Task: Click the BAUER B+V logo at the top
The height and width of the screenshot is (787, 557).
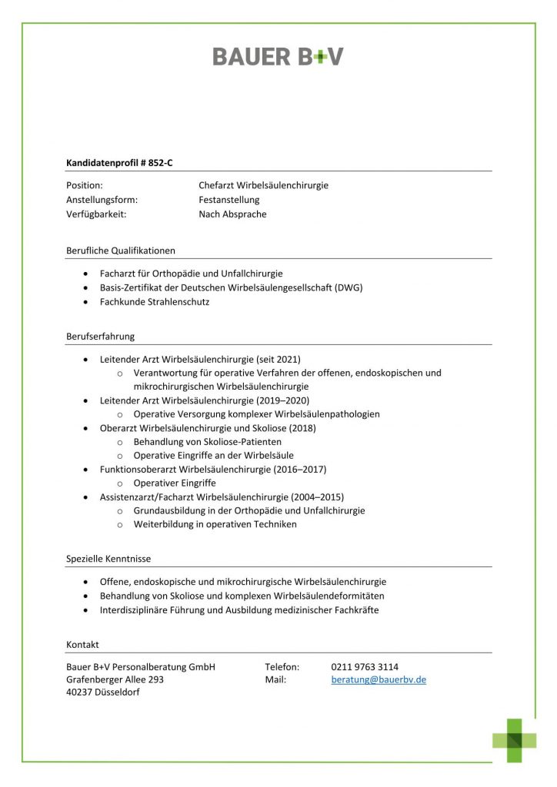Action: point(278,56)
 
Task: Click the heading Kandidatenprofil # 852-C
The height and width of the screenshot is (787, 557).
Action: point(125,162)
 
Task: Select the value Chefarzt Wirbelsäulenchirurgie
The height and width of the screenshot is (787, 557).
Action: point(263,185)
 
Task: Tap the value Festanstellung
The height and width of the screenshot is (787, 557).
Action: point(229,200)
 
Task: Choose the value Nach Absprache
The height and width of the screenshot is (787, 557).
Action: point(232,214)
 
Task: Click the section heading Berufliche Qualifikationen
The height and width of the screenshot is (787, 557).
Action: point(121,251)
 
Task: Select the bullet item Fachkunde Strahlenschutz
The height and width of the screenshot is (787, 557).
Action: point(155,302)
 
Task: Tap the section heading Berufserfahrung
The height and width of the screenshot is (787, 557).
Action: point(101,337)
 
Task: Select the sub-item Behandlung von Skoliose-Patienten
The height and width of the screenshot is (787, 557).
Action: point(208,442)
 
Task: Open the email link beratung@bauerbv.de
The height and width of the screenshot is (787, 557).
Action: point(379,680)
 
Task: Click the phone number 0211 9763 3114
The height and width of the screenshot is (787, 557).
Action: point(365,666)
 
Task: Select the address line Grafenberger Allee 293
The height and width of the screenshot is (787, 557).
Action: point(115,680)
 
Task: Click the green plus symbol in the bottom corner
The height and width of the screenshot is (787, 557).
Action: point(515,740)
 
